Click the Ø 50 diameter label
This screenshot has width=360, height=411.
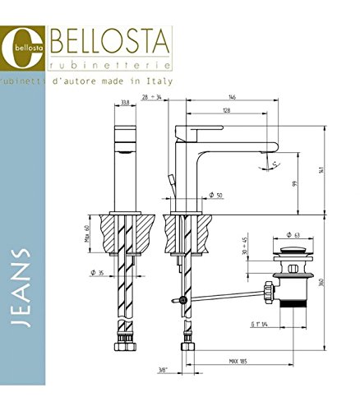(216, 194)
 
